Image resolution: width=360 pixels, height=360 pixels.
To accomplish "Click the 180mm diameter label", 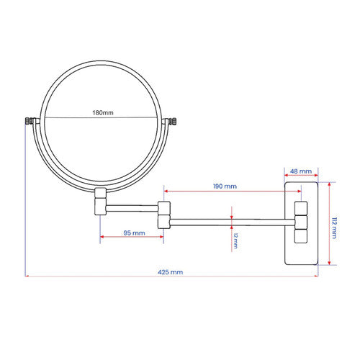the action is tap(103, 112).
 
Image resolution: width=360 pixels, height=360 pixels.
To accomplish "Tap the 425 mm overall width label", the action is tap(171, 272).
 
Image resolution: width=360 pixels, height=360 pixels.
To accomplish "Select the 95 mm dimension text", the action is tap(134, 233).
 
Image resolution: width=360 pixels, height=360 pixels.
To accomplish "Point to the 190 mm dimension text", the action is tap(225, 186).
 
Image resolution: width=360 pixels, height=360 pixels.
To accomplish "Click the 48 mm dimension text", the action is tap(301, 171).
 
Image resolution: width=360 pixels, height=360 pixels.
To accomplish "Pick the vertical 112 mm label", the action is tap(334, 228).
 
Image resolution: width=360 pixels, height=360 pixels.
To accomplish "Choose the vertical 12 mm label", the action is tap(235, 240).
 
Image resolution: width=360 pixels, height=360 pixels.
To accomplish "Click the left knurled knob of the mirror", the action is tap(29, 121).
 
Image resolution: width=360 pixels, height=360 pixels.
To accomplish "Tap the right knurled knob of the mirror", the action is tap(173, 121).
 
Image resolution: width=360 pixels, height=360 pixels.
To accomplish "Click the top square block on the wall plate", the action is tap(301, 208).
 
